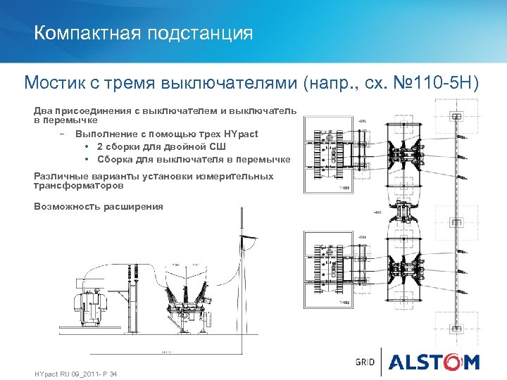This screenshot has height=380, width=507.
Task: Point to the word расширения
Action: pyautogui.click(x=133, y=206)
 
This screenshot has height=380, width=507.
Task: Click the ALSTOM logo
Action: pyautogui.click(x=434, y=362)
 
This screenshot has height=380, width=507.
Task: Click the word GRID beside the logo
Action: pyautogui.click(x=365, y=362)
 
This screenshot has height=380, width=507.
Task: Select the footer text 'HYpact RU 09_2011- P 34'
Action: pyautogui.click(x=75, y=373)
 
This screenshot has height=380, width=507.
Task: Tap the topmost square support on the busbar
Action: pyautogui.click(x=458, y=116)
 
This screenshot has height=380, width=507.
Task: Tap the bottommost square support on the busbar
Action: pyautogui.click(x=458, y=329)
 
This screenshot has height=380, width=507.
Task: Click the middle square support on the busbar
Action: pyautogui.click(x=458, y=222)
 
